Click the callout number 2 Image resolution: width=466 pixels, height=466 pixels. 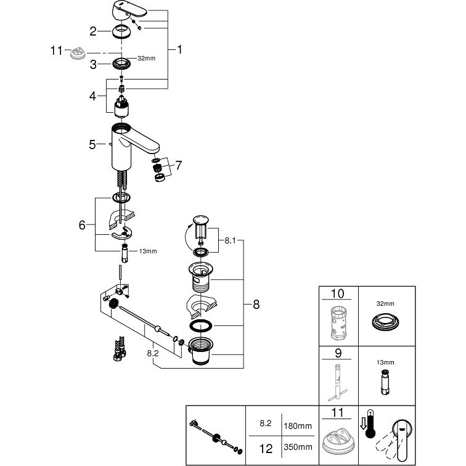click(93, 31)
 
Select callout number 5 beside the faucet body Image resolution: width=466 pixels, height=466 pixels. click(92, 144)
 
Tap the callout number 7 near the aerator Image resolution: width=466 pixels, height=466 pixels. click(178, 165)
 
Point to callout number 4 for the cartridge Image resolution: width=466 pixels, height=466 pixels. click(92, 96)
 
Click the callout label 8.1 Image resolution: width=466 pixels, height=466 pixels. click(230, 240)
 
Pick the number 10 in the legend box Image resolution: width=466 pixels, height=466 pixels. click(337, 293)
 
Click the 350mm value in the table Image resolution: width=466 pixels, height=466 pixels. click(298, 447)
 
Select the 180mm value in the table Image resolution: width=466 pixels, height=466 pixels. click(298, 426)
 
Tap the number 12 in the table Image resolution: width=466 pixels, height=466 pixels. click(266, 449)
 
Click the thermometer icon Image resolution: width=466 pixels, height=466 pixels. click(370, 424)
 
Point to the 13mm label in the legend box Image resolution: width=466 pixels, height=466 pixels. click(385, 362)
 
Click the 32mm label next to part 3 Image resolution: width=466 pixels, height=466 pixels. click(147, 58)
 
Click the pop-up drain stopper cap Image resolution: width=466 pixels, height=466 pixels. click(200, 220)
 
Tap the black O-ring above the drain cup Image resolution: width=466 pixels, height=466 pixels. click(200, 325)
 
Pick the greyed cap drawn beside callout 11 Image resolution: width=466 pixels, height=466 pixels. click(78, 54)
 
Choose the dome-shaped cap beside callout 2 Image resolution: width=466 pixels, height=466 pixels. click(122, 31)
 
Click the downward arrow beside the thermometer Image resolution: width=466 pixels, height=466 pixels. click(363, 423)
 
